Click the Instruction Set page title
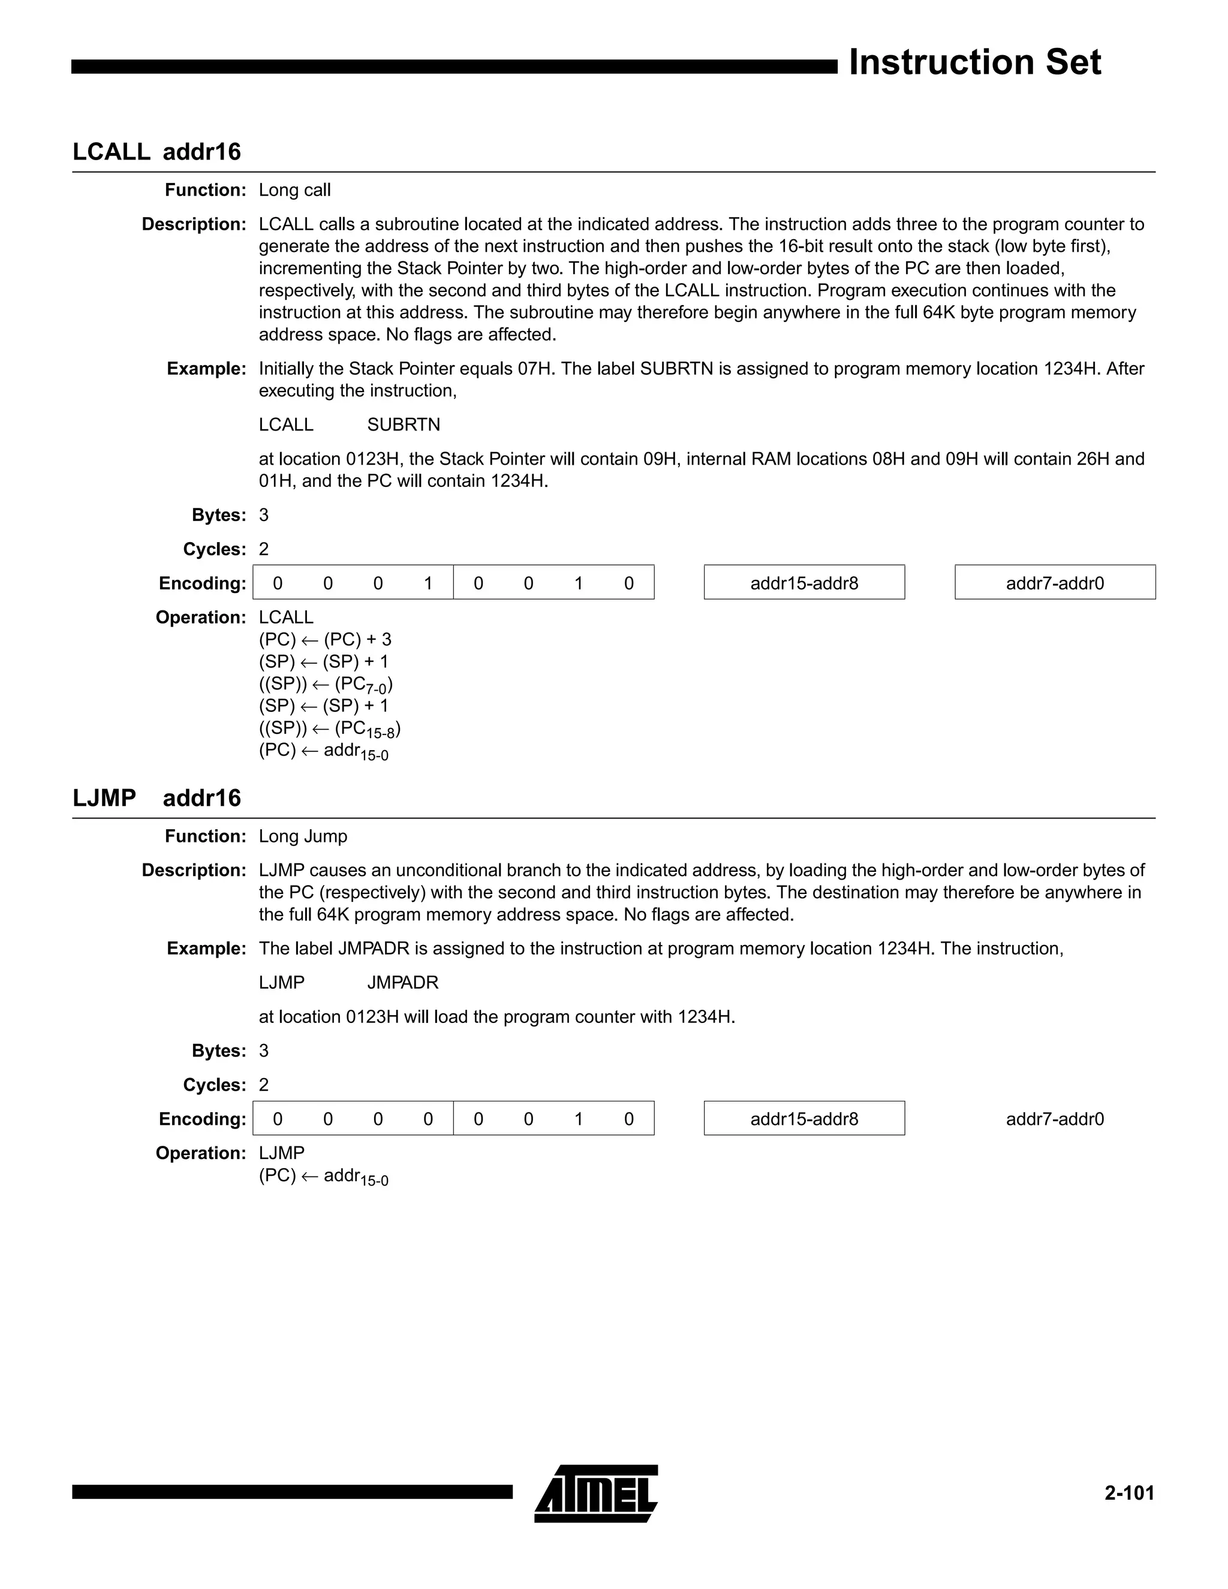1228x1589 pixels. [x=974, y=62]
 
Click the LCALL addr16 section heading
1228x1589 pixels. [x=156, y=152]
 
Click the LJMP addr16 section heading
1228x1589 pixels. [x=156, y=798]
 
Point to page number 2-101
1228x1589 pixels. [x=1129, y=1493]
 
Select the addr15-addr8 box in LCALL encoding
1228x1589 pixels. [x=804, y=583]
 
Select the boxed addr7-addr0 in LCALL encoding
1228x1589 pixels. [x=1054, y=583]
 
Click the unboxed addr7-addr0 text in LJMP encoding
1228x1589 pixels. [x=1054, y=1119]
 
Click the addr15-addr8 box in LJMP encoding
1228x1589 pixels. [x=804, y=1119]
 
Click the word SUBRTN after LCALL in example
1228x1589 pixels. [x=403, y=425]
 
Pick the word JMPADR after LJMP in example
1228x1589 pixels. [x=402, y=983]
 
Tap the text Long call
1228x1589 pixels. [x=294, y=191]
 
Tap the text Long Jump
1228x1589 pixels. [x=303, y=836]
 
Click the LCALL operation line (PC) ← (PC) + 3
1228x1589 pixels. [x=324, y=640]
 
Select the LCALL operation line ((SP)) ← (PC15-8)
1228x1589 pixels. [x=330, y=729]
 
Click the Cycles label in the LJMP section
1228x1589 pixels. [x=215, y=1085]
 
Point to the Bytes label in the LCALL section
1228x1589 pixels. [x=219, y=515]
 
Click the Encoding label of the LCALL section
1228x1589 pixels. [x=202, y=583]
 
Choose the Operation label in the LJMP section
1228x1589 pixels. [x=201, y=1153]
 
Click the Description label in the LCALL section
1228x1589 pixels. [x=194, y=225]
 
